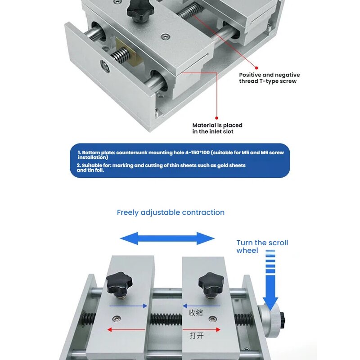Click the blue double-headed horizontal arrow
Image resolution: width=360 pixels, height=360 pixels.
[x=167, y=238]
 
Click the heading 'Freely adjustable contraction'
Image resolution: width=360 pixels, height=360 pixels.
[x=171, y=212]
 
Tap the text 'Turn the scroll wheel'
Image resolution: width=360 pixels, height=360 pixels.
[x=262, y=246]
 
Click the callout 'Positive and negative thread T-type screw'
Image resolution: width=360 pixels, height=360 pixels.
[x=269, y=78]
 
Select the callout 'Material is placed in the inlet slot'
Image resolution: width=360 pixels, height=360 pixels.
[x=217, y=128]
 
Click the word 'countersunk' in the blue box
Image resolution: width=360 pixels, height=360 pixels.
[x=131, y=153]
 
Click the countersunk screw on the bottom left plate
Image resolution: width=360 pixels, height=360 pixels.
[x=117, y=319]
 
